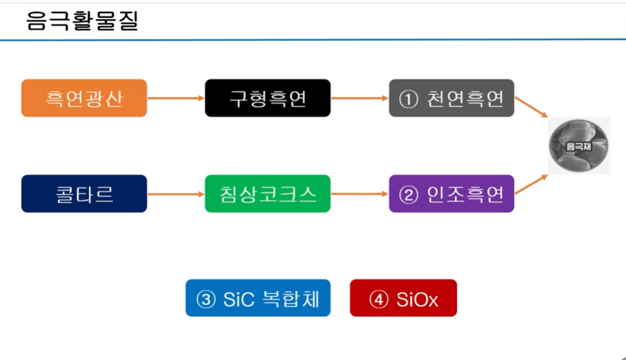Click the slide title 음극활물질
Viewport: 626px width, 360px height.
(x=82, y=21)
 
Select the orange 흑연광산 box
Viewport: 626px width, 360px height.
(x=84, y=98)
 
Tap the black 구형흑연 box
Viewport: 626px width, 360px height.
(x=268, y=98)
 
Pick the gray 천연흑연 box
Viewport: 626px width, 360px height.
(x=451, y=98)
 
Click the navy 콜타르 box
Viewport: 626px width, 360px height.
(x=84, y=194)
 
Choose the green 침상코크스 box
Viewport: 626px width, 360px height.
(x=268, y=194)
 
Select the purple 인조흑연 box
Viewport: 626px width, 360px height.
(x=451, y=194)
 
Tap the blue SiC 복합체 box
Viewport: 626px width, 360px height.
(x=258, y=298)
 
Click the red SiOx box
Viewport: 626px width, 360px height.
(x=403, y=298)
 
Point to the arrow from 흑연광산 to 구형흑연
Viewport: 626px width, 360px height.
(x=176, y=98)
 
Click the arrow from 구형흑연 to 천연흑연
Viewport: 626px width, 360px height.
(x=360, y=98)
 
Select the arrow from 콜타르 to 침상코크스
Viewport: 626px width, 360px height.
(x=176, y=194)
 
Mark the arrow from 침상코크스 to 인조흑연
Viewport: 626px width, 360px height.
(x=360, y=194)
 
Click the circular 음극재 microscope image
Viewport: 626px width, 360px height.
(x=579, y=146)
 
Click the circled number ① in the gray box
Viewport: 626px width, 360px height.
(x=409, y=99)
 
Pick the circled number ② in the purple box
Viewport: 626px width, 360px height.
(x=409, y=194)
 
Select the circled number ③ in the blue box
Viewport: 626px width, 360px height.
(x=206, y=299)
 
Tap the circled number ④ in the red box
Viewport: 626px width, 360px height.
(x=379, y=299)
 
